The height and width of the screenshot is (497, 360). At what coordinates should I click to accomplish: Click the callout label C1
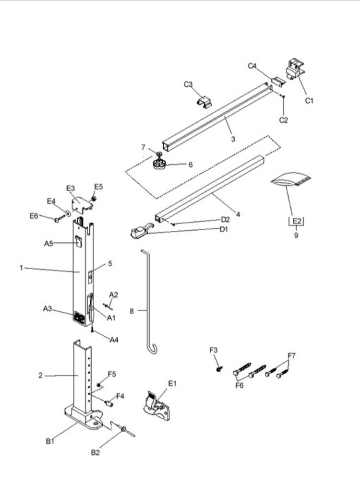pos(310,100)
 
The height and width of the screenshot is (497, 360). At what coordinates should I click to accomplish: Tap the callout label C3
pos(189,84)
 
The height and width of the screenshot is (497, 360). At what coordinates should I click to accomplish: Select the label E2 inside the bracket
pos(296,221)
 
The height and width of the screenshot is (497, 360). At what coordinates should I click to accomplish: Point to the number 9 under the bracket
pos(296,235)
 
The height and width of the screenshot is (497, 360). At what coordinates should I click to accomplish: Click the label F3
pos(214,350)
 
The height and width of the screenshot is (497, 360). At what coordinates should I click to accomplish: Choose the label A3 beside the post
pos(48,308)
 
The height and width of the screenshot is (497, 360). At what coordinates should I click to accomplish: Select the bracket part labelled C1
pos(294,69)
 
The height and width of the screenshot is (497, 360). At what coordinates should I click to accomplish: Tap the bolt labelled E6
pos(58,220)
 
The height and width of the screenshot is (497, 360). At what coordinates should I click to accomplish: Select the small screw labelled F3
pos(219,368)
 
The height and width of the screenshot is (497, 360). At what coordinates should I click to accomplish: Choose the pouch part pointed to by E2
pos(291,180)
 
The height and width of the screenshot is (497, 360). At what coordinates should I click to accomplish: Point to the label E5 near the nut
pos(98,186)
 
